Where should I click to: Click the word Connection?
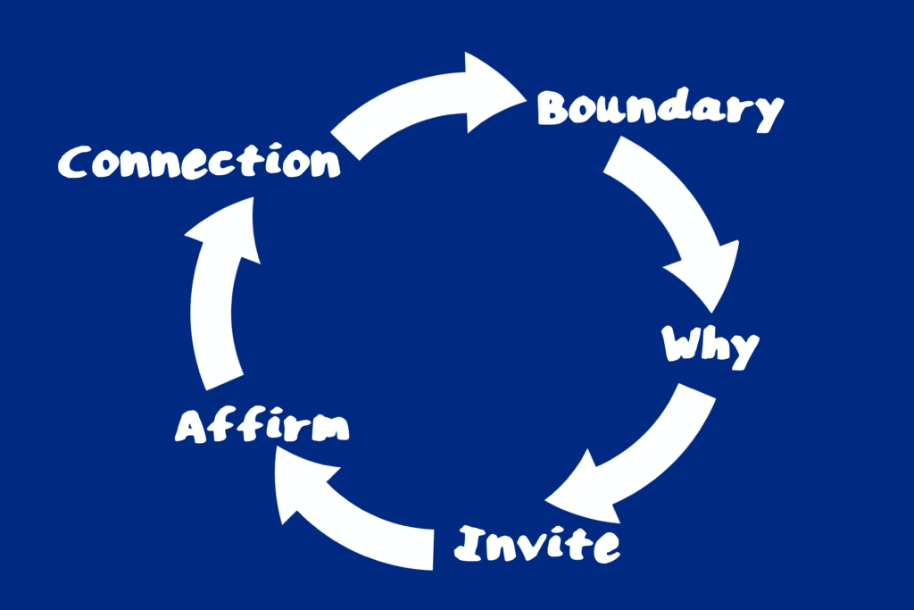pos(199,163)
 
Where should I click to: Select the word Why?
pos(710,346)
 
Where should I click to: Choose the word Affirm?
pos(262,426)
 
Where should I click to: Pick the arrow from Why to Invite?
pos(643,455)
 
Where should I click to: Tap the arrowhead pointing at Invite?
pos(585,491)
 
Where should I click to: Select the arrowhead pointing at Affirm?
pos(299,482)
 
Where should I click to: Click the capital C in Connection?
pos(77,163)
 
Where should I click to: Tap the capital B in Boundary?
pos(556,109)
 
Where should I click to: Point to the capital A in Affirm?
pos(193,427)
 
